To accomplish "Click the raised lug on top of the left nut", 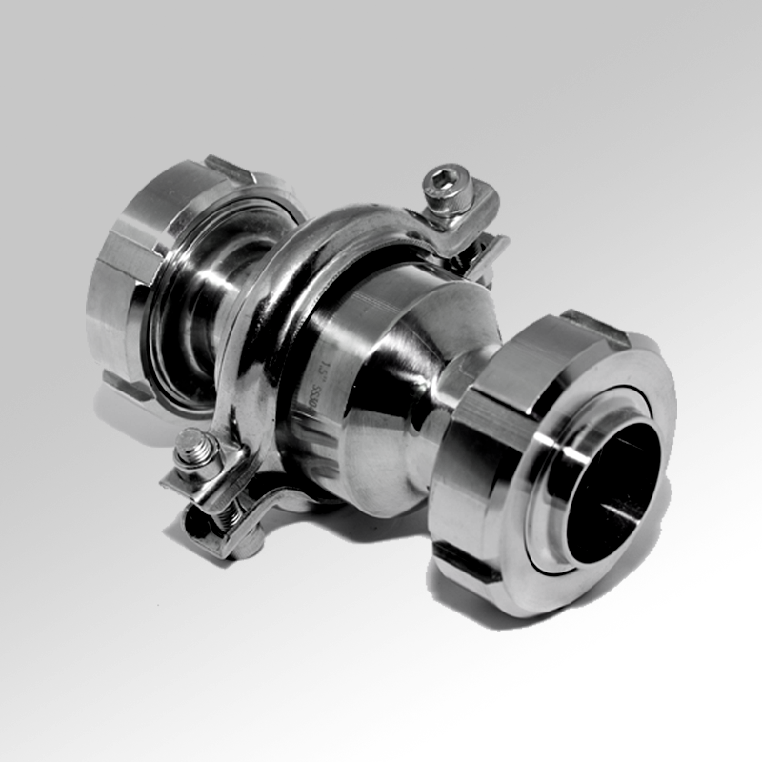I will click(x=229, y=170).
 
